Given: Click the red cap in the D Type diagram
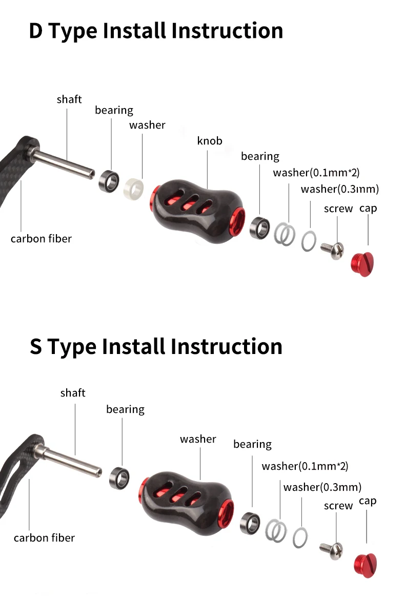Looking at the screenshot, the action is [x=362, y=264].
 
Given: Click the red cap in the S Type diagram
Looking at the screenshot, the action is [x=366, y=566].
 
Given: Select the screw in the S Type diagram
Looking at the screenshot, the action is [x=331, y=550].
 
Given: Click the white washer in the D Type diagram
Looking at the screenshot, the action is [x=133, y=189].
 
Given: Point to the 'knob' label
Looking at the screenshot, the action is [x=210, y=141].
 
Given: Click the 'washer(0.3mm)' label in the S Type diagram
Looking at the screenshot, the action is [x=322, y=487].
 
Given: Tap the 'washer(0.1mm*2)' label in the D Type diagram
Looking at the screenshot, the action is [x=316, y=173].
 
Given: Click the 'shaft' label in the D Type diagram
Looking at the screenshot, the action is [x=69, y=99].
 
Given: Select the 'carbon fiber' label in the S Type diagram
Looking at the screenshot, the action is [x=44, y=538].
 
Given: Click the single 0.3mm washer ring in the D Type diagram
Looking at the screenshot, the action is [x=309, y=241].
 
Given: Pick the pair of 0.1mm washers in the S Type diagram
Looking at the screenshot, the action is [x=275, y=530].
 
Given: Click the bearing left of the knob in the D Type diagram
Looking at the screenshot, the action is [x=109, y=181].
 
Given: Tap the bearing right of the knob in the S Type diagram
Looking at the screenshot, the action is [x=250, y=523].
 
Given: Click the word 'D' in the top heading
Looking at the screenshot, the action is [x=36, y=31].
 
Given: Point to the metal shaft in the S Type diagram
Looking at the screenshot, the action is [x=69, y=459].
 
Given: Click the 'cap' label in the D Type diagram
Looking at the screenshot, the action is [x=368, y=209].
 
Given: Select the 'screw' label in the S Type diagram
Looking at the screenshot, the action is [x=338, y=506].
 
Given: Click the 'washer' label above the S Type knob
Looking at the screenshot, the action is [x=198, y=439].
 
